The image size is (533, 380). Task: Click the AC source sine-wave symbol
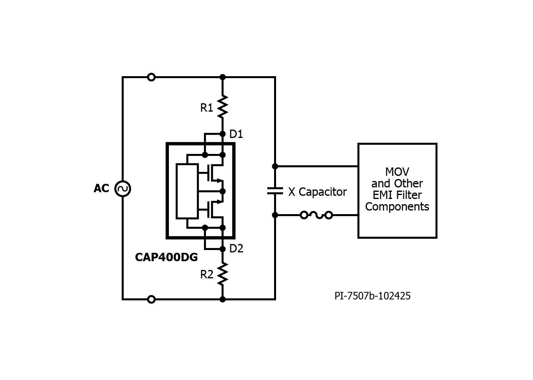tap(123, 189)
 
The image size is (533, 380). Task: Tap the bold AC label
tap(101, 189)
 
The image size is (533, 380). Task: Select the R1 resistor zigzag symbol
tap(222, 106)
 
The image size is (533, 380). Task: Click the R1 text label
tap(206, 108)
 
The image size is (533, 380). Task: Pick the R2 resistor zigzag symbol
tap(222, 274)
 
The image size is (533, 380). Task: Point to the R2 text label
tap(207, 274)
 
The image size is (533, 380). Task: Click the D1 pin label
tap(236, 134)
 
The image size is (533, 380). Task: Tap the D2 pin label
tap(236, 248)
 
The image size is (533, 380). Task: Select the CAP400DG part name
tap(167, 257)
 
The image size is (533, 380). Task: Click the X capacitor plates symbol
tap(275, 191)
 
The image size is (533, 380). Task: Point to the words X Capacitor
tap(317, 192)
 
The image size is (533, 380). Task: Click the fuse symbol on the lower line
tap(316, 215)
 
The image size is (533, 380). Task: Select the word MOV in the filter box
tap(397, 171)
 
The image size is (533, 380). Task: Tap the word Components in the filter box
tap(397, 207)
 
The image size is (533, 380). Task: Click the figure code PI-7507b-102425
tap(372, 296)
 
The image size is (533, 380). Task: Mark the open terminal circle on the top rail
tap(151, 77)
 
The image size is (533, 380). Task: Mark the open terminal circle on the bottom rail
tap(151, 299)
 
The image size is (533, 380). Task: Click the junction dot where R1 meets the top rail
tap(222, 77)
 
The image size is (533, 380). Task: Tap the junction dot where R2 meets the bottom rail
tap(222, 299)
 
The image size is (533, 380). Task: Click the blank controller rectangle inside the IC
tap(187, 191)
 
